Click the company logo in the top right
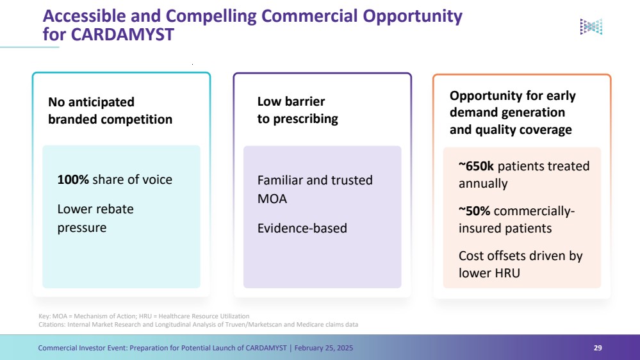(591, 26)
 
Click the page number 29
(598, 348)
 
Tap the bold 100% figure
(73, 179)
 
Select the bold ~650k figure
(476, 166)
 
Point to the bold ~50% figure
(474, 211)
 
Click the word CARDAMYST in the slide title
(122, 35)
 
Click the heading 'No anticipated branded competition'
(110, 111)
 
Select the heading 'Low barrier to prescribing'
(297, 110)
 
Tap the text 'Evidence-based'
(302, 228)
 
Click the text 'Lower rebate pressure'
(95, 218)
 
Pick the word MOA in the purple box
(272, 199)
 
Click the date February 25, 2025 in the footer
(324, 348)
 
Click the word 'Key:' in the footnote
(45, 316)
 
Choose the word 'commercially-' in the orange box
(534, 211)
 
